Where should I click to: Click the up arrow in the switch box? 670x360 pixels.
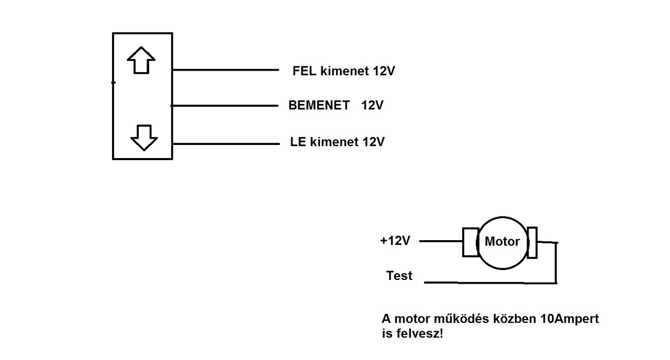pyautogui.click(x=141, y=60)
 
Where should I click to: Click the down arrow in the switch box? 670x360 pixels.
pyautogui.click(x=144, y=138)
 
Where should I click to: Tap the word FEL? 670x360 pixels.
pyautogui.click(x=304, y=71)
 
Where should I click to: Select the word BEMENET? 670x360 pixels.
pyautogui.click(x=319, y=105)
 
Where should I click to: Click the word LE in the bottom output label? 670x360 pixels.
pyautogui.click(x=298, y=142)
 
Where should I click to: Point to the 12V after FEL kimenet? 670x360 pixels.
pyautogui.click(x=384, y=71)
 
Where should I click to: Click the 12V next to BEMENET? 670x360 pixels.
pyautogui.click(x=372, y=105)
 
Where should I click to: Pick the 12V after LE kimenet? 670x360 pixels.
pyautogui.click(x=374, y=142)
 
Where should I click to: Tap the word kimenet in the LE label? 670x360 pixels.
pyautogui.click(x=334, y=142)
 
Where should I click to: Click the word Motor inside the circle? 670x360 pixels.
pyautogui.click(x=502, y=242)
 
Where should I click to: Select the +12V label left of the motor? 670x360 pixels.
pyautogui.click(x=395, y=240)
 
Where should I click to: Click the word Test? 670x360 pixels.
pyautogui.click(x=399, y=275)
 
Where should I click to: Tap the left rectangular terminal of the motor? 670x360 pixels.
pyautogui.click(x=471, y=242)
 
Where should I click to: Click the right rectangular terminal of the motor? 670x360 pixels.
pyautogui.click(x=532, y=242)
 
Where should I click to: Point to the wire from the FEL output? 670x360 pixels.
pyautogui.click(x=226, y=70)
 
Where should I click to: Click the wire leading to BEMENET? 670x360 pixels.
pyautogui.click(x=225, y=106)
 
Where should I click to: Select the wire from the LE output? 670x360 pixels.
pyautogui.click(x=226, y=144)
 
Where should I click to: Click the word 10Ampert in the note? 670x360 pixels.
pyautogui.click(x=569, y=319)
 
